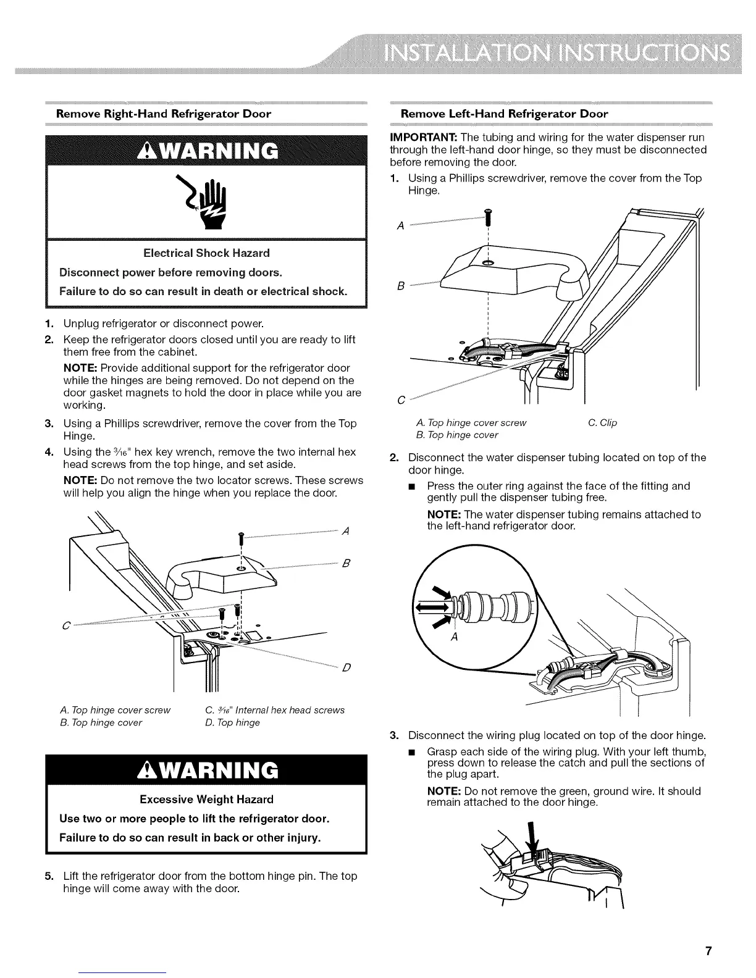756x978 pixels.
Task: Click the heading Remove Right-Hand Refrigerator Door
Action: (164, 114)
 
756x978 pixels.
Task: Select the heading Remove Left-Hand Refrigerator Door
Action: (504, 114)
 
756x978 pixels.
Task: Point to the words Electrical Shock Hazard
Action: (206, 253)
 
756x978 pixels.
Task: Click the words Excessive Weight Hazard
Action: (206, 800)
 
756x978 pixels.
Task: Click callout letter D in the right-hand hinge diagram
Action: (346, 668)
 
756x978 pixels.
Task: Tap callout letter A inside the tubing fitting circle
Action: (454, 638)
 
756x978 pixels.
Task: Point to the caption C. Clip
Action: (602, 423)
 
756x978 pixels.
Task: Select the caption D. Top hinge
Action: (232, 722)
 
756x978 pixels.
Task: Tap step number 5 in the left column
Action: (49, 876)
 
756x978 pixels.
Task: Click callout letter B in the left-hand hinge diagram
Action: (400, 286)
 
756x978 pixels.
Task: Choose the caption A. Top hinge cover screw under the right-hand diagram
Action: (115, 710)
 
